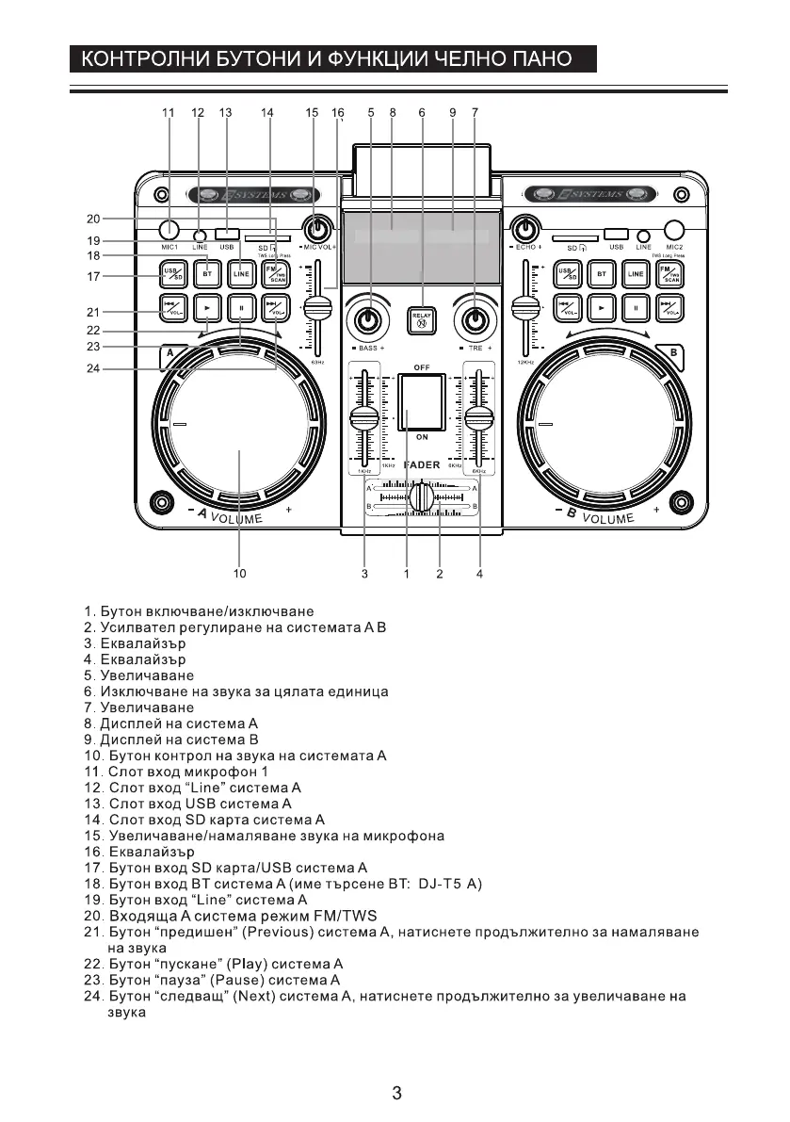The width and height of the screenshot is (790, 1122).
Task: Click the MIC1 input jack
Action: coord(169,229)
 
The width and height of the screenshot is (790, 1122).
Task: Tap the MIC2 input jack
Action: coord(674,229)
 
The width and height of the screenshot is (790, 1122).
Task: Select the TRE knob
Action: coord(475,321)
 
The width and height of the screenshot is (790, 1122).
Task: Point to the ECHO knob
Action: coord(525,228)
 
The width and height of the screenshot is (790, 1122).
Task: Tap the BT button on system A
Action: coord(208,273)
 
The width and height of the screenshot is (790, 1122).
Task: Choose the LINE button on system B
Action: coord(637,273)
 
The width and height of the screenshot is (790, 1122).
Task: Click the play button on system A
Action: coord(207,306)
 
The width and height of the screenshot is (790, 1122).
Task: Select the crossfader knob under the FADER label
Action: coord(422,496)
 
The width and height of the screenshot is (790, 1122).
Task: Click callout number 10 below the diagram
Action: coord(239,572)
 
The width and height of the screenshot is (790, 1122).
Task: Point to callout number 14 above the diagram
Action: coord(267,112)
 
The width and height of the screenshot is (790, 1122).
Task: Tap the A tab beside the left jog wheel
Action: coord(169,355)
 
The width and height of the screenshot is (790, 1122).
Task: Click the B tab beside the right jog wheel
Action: coord(672,355)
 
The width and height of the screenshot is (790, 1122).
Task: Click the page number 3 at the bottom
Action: coord(396,1094)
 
